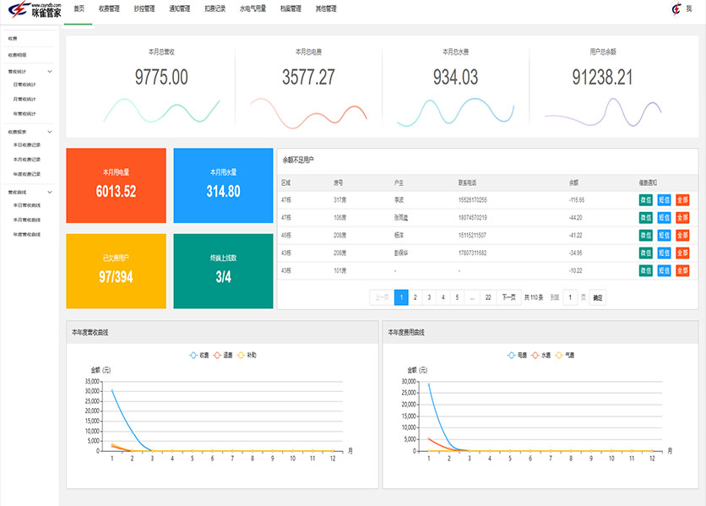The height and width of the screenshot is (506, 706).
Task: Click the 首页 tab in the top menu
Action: [x=79, y=8]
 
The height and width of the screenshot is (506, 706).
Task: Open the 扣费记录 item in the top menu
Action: [x=215, y=8]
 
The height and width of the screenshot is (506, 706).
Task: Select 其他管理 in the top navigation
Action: [x=325, y=8]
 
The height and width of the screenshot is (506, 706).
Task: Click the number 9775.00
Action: [x=161, y=78]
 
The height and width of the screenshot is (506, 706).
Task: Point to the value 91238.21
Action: [x=602, y=78]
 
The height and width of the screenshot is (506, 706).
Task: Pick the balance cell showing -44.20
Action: [x=576, y=217]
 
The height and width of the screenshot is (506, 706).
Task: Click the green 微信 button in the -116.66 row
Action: [x=646, y=200]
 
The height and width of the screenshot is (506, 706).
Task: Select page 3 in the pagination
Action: [x=429, y=297]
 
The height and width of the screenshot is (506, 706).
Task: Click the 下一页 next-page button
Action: [x=508, y=297]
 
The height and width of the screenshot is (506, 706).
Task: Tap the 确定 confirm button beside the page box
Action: [x=597, y=297]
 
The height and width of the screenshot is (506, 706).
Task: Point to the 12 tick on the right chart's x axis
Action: [x=651, y=459]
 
